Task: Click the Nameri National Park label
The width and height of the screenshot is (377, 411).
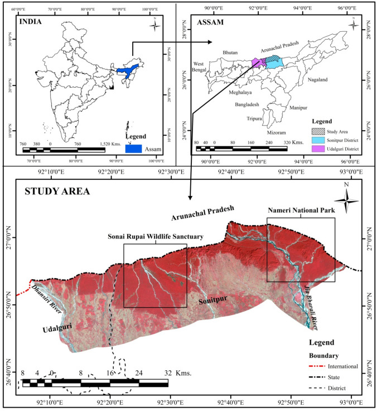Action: tap(301, 212)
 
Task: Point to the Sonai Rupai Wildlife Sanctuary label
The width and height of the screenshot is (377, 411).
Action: tap(155, 236)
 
